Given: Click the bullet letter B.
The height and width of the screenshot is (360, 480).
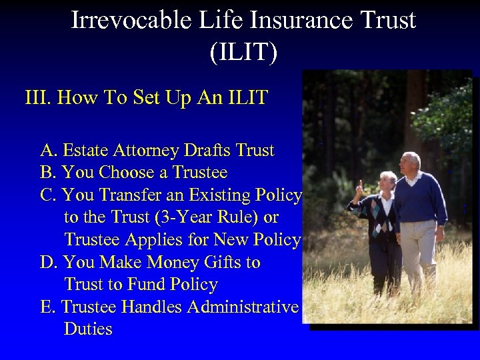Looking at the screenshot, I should click(x=48, y=173).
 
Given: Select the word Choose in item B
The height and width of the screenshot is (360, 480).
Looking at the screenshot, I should click(x=125, y=173).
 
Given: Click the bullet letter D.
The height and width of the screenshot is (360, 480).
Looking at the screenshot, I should click(x=48, y=263).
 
